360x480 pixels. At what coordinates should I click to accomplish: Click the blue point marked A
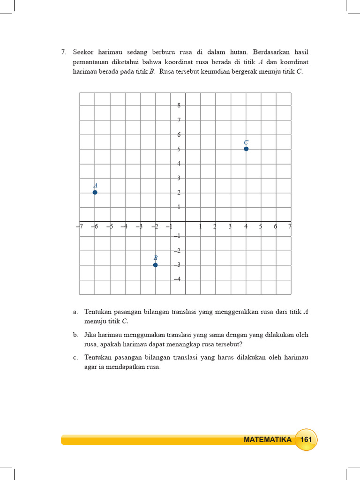click(x=95, y=192)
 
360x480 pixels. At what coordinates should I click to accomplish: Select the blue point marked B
click(x=155, y=265)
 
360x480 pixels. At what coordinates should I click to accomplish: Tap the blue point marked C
click(x=246, y=149)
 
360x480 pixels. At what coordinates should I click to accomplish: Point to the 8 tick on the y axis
click(x=179, y=105)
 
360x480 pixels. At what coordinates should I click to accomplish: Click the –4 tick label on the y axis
click(x=177, y=279)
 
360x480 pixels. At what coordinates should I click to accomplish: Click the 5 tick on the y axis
click(x=179, y=149)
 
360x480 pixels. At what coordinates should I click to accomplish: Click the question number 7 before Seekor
click(x=63, y=52)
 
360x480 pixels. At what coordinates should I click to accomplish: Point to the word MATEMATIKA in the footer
click(x=268, y=440)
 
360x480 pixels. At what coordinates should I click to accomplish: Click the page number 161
click(x=306, y=440)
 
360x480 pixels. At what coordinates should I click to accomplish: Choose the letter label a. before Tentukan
click(x=75, y=312)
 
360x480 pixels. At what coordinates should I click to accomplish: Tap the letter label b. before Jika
click(x=75, y=335)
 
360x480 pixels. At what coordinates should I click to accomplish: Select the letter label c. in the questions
click(x=75, y=358)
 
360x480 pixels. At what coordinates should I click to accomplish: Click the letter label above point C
click(x=246, y=142)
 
